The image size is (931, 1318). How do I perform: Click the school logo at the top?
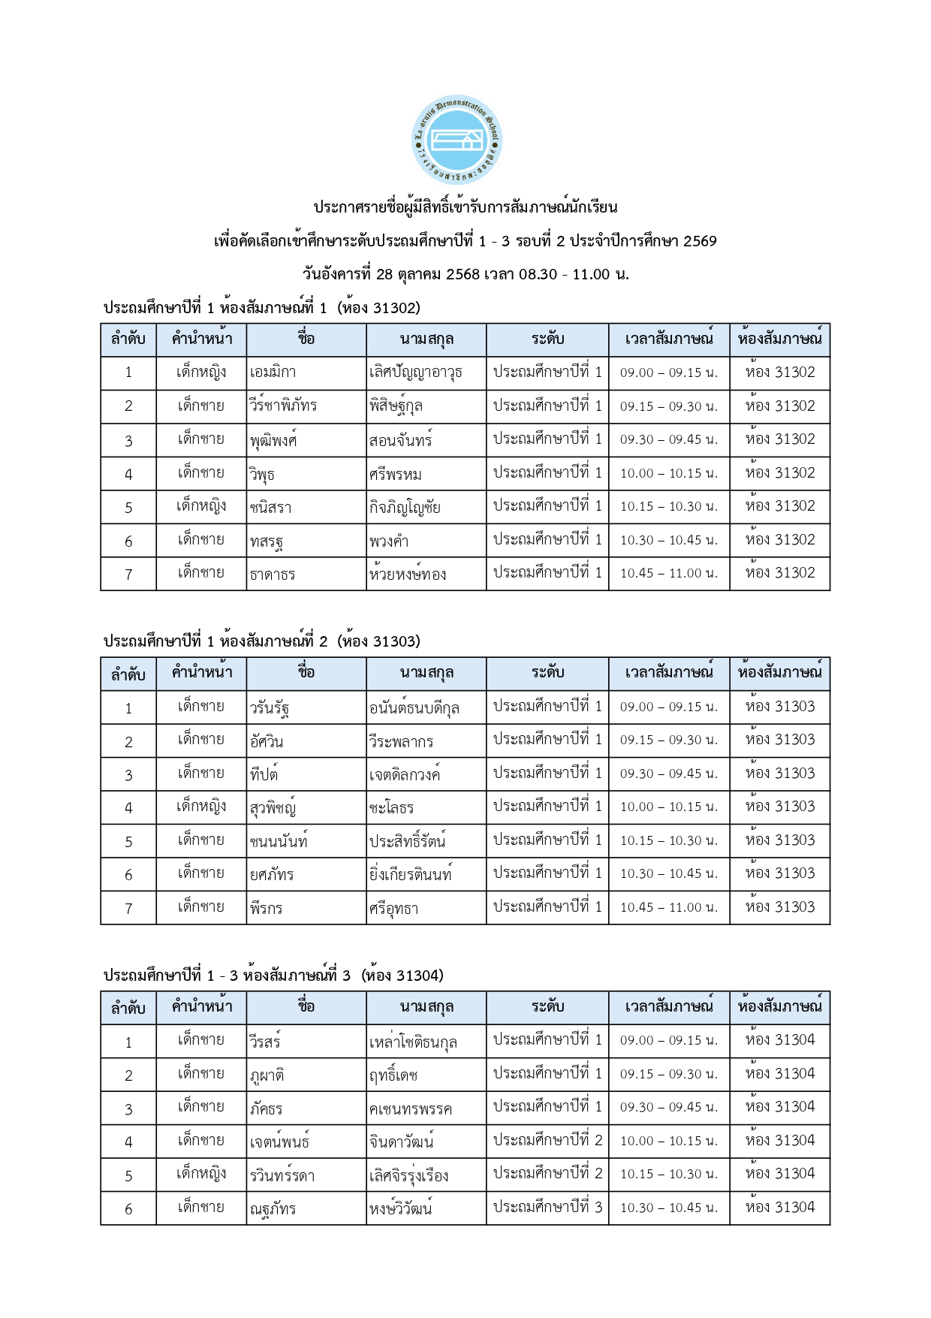[457, 140]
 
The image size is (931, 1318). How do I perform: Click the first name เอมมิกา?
[273, 372]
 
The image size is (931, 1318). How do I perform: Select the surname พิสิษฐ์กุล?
[396, 406]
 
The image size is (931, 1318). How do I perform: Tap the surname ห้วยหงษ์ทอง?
[408, 575]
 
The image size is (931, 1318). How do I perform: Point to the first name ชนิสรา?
[270, 508]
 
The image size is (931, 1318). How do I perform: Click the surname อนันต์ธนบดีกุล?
[414, 707]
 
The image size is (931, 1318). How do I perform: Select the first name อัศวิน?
[267, 741]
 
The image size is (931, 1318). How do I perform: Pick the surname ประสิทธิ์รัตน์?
[407, 841]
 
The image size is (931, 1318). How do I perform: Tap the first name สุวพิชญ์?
[273, 808]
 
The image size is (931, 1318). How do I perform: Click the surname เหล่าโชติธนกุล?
[413, 1042]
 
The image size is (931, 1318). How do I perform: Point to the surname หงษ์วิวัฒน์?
[401, 1208]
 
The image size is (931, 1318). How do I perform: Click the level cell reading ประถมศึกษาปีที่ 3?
[547, 1207]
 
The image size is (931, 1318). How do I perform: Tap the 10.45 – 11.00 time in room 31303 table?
[668, 907]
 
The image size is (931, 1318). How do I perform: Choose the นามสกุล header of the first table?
[426, 339]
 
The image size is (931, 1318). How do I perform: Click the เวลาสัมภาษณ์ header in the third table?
[668, 1007]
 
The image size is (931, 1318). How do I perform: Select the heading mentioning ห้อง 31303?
[262, 641]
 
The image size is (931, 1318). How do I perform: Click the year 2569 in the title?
[700, 241]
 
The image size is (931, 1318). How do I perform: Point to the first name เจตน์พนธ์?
[279, 1142]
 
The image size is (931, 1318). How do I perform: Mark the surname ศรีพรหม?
[395, 474]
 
